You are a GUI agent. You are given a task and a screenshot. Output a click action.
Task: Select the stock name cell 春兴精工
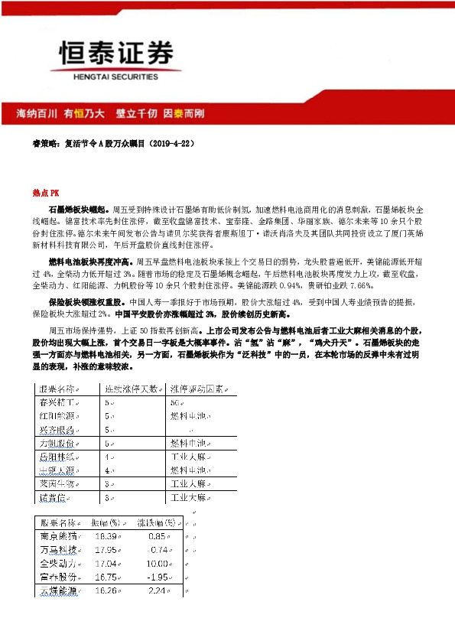tap(59, 402)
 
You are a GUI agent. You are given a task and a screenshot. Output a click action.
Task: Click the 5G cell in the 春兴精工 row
tap(174, 402)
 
